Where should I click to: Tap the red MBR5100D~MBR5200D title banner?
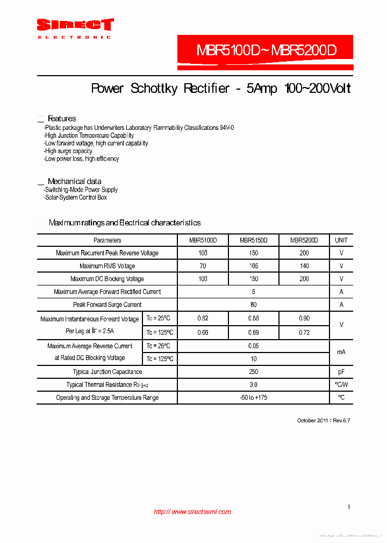coord(266,52)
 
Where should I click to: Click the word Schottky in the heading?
coord(154,89)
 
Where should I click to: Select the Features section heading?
coord(62,119)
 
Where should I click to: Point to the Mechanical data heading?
coord(74,181)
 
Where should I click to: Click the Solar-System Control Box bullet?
coord(76,197)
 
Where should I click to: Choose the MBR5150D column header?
coord(254,240)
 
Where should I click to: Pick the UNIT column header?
coord(341,240)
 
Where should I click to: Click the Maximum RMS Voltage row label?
coord(107,266)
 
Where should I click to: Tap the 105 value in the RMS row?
coord(254,266)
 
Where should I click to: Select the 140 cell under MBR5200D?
coord(304,266)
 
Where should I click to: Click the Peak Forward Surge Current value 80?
coord(254,305)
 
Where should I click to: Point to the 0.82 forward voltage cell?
coord(203,319)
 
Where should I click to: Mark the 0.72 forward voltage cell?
coord(304,333)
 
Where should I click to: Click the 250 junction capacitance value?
coord(254,372)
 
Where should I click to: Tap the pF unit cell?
coord(341,372)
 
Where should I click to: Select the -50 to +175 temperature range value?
coord(254,398)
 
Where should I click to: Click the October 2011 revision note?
coord(324,421)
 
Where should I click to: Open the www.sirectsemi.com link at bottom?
coord(192,512)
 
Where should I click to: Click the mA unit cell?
coord(341,352)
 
